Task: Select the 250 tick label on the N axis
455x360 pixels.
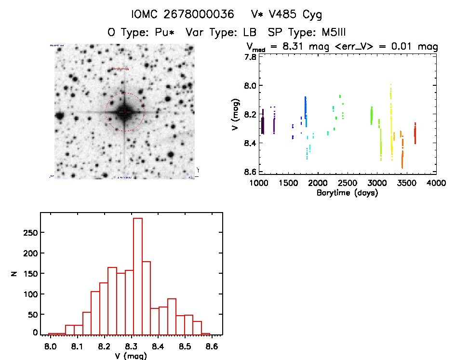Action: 30,232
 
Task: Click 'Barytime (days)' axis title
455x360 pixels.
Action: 347,193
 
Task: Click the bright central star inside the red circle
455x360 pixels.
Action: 124,112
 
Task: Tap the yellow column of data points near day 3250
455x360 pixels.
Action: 391,120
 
